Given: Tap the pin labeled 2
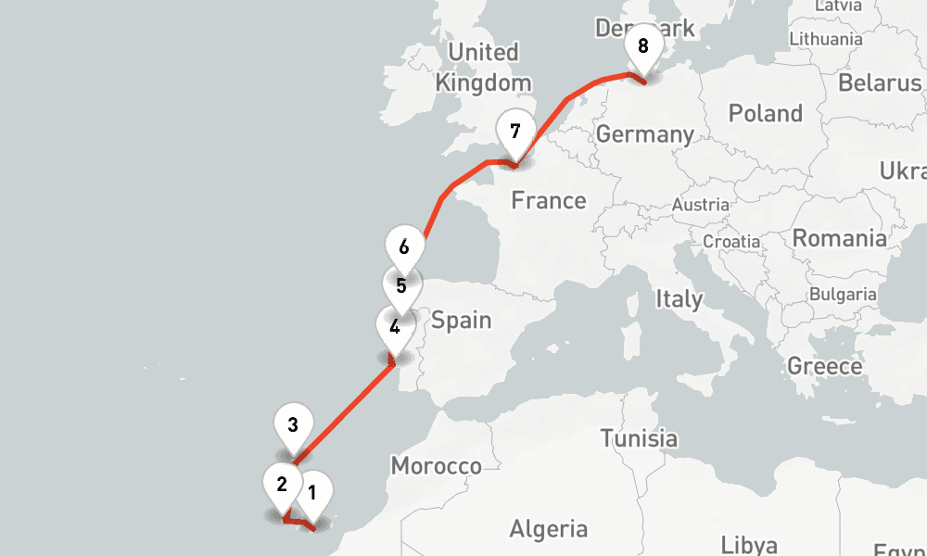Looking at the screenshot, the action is [282, 484].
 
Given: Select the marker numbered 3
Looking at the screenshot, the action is [293, 427].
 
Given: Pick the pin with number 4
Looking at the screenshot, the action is [395, 328].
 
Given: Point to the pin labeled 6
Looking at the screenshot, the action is [404, 248].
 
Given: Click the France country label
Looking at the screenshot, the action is [549, 200].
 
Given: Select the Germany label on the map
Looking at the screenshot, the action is [644, 134].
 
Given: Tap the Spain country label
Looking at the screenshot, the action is [461, 321].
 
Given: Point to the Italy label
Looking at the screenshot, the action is [679, 299].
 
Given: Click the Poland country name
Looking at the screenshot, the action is [765, 114].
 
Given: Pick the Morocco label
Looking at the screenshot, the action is [436, 465].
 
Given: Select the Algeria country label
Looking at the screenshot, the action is [548, 529].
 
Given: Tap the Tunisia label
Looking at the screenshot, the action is [638, 437].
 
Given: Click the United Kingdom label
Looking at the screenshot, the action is [483, 67].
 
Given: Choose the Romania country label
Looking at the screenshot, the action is [838, 238].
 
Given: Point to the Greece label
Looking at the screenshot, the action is [824, 366].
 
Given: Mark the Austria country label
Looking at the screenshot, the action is [701, 205].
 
